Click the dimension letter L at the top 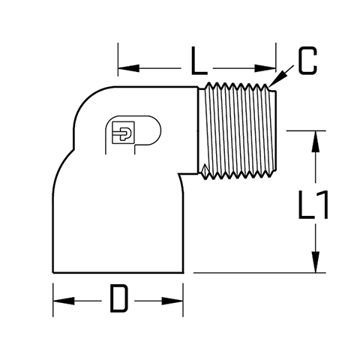[x=199, y=61]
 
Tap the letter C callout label [x=308, y=61]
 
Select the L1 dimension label [x=313, y=205]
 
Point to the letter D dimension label [x=119, y=298]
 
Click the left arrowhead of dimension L [x=128, y=67]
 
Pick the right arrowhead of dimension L [x=265, y=68]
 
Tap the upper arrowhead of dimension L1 [x=316, y=141]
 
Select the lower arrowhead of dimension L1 [x=316, y=262]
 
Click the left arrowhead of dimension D [x=64, y=301]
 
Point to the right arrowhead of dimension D [x=172, y=301]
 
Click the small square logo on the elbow [x=123, y=133]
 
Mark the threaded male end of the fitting [x=237, y=131]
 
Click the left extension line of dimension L [x=118, y=59]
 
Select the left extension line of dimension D [x=53, y=300]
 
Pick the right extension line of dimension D [x=183, y=300]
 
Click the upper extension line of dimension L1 [x=306, y=130]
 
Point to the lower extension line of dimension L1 [x=259, y=272]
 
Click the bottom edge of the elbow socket [x=118, y=272]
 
